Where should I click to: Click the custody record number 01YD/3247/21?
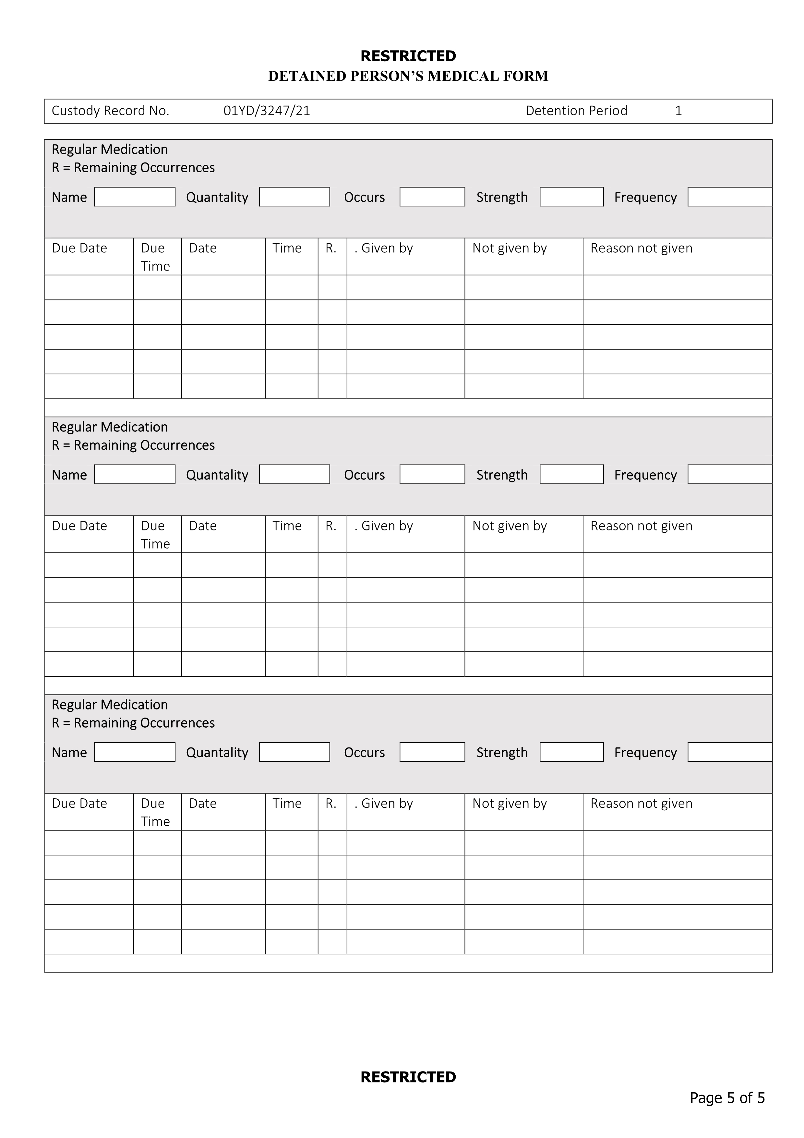267,111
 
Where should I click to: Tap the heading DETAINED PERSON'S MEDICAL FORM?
408,76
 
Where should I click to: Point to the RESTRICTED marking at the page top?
408,56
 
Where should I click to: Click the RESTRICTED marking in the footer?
408,1077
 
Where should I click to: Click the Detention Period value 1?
678,111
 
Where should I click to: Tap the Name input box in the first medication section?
135,197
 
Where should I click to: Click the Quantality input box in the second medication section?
294,474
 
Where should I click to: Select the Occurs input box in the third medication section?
432,752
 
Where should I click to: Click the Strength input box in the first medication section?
571,197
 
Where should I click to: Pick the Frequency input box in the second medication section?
729,474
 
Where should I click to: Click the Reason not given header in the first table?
641,248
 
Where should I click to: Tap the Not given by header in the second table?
509,526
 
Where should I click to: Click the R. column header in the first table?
331,248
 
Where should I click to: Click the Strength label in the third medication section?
502,752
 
